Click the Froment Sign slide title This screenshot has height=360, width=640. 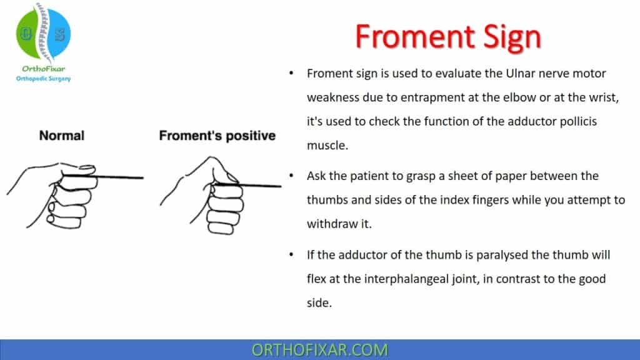point(447,36)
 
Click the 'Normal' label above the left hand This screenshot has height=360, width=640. point(61,135)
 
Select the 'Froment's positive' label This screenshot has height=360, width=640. point(217,135)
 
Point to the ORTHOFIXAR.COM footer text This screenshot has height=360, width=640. point(319,349)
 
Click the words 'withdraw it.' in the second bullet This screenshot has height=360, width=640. point(339,224)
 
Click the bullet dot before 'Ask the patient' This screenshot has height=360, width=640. point(291,177)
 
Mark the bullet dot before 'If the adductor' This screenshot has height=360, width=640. point(291,256)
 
